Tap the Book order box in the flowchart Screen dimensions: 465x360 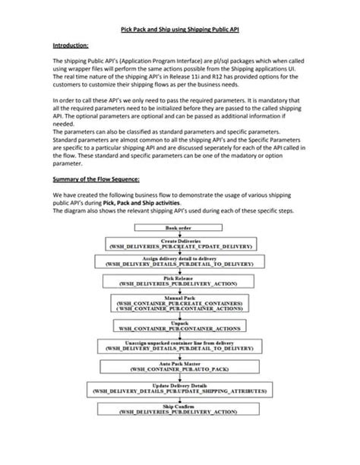(x=180, y=228)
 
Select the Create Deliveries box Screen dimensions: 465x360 (x=180, y=243)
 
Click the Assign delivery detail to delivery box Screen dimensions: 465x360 (x=180, y=262)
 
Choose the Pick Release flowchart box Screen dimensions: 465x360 (x=180, y=282)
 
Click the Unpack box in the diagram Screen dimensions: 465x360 (x=180, y=327)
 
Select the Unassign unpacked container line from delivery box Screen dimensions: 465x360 (x=180, y=346)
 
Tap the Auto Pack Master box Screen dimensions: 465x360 (x=180, y=367)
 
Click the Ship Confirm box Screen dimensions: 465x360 (x=180, y=410)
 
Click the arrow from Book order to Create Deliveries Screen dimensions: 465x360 (x=180, y=234)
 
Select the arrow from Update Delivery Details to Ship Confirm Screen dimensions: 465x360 (x=180, y=400)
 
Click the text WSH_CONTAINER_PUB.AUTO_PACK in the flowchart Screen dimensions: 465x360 (x=180, y=371)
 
